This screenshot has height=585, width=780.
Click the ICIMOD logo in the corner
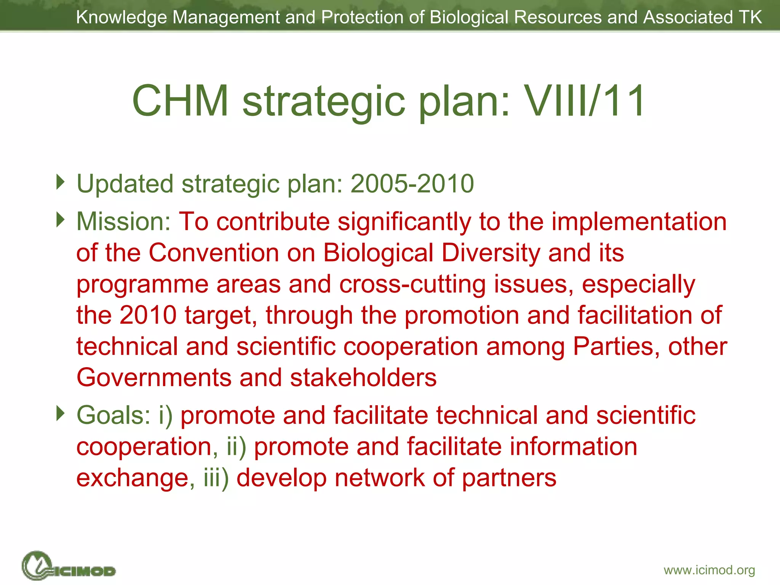pos(69,566)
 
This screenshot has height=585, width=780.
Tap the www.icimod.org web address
pos(709,570)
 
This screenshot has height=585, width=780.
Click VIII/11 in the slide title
pos(584,101)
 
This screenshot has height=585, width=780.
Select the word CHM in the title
pos(181,101)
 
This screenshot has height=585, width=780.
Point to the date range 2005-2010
pos(412,184)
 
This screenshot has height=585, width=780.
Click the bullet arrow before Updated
pos(60,182)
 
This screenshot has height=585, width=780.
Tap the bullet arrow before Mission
pos(60,219)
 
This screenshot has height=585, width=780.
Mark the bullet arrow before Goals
pos(60,413)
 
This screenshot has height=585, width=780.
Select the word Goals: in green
pos(113,415)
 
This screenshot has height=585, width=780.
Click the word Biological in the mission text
pos(378,253)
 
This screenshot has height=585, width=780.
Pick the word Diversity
pos(491,253)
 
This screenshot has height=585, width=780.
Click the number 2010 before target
pos(148,315)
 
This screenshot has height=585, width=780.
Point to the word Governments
pos(154,378)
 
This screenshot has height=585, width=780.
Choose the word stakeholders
pos(363,378)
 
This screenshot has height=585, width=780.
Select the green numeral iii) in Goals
pos(216,478)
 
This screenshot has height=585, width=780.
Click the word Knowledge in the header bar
pos(121,17)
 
